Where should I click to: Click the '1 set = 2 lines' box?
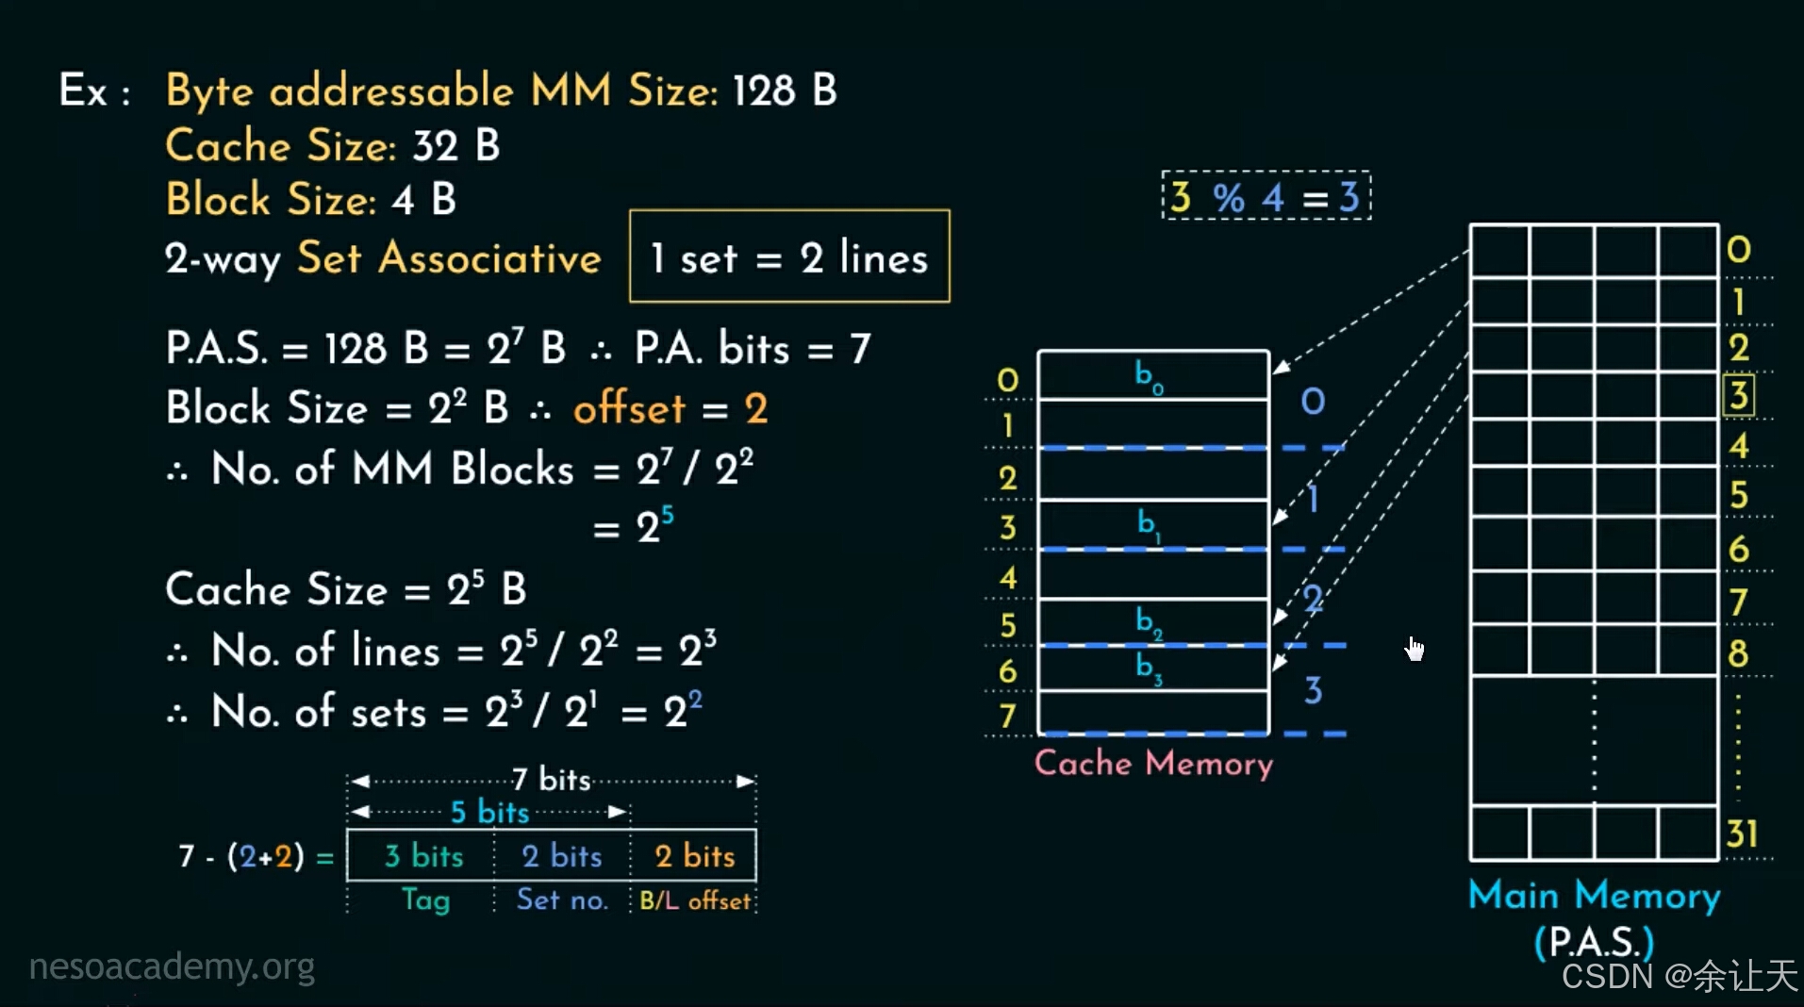pyautogui.click(x=789, y=256)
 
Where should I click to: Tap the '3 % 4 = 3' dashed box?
pyautogui.click(x=1266, y=197)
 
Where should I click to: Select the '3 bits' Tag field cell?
pyautogui.click(x=422, y=855)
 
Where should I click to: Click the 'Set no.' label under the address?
pyautogui.click(x=561, y=900)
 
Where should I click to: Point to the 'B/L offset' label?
pyautogui.click(x=695, y=900)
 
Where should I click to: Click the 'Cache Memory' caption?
pyautogui.click(x=1153, y=762)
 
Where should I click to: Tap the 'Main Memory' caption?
pyautogui.click(x=1594, y=895)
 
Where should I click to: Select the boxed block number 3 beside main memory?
pyautogui.click(x=1738, y=395)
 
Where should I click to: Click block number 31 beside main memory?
pyautogui.click(x=1741, y=834)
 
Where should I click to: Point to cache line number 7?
pyautogui.click(x=1007, y=717)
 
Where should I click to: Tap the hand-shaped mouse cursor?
pyautogui.click(x=1415, y=648)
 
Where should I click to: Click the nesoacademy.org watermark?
pyautogui.click(x=172, y=966)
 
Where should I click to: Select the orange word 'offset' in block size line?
pyautogui.click(x=629, y=408)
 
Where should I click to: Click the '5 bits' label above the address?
pyautogui.click(x=488, y=812)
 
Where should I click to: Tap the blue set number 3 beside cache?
pyautogui.click(x=1313, y=690)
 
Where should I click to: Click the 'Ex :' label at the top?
pyautogui.click(x=93, y=91)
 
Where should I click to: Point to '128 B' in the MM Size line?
pyautogui.click(x=784, y=91)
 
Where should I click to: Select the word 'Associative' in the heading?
pyautogui.click(x=489, y=257)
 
